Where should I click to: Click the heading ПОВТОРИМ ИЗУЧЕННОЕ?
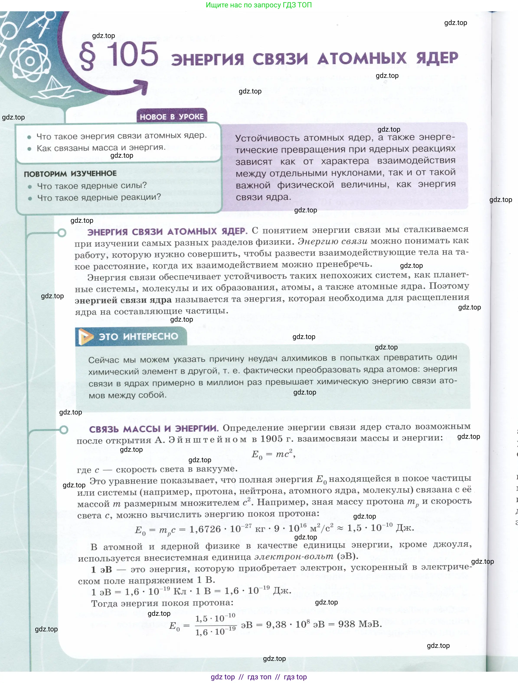point(70,174)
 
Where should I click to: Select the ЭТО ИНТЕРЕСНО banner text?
point(138,336)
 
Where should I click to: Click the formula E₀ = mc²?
point(273,455)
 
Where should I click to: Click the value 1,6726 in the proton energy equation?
point(205,529)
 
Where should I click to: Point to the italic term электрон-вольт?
point(294,556)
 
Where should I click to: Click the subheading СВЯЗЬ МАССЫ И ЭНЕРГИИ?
point(154,429)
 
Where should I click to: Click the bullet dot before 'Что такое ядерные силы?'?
point(30,187)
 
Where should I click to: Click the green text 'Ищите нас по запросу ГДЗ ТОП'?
point(259,5)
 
